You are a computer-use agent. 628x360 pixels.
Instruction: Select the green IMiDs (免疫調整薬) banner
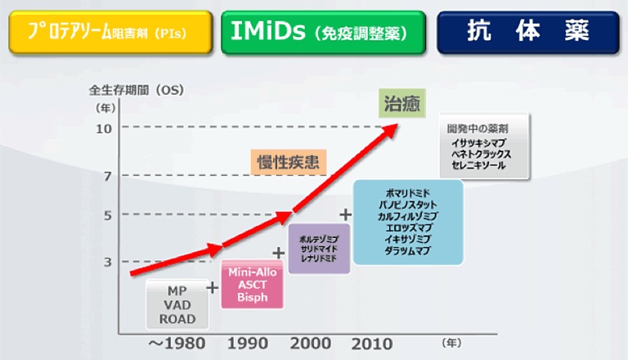[x=323, y=32]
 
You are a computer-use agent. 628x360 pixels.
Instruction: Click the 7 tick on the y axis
[x=106, y=176]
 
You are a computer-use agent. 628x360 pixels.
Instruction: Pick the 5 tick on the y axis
[x=106, y=215]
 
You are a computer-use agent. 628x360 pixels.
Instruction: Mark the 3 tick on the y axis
[x=106, y=262]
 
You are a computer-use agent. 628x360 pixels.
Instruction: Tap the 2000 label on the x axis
[x=310, y=343]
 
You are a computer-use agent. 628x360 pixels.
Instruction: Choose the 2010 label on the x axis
[x=372, y=343]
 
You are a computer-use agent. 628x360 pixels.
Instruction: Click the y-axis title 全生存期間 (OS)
[x=135, y=88]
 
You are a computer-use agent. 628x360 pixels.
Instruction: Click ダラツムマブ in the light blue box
[x=407, y=251]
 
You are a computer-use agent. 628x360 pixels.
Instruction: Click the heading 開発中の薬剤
[x=478, y=128]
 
